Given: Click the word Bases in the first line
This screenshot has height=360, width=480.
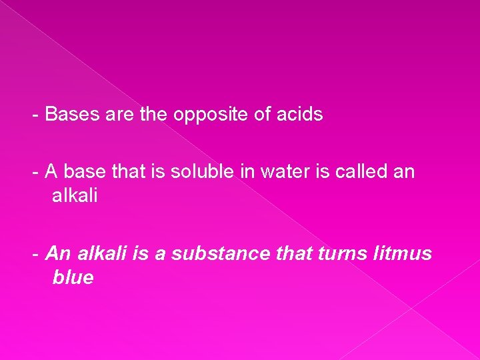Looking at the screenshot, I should pos(71,115).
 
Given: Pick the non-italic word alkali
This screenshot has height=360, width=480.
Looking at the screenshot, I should pos(75,197).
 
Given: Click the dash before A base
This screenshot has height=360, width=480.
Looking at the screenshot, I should pos(35,173).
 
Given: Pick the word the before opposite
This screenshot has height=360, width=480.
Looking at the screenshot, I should pos(154,115).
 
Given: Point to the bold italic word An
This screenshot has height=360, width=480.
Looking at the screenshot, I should pos(59,253).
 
